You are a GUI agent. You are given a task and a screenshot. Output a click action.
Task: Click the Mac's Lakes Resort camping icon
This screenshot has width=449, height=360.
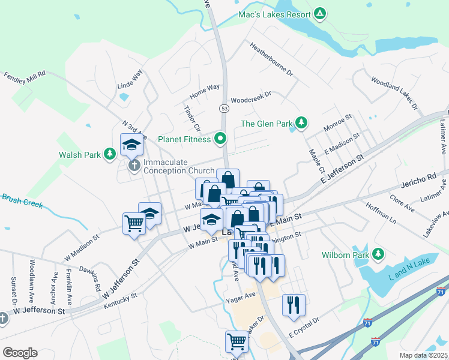click(x=321, y=14)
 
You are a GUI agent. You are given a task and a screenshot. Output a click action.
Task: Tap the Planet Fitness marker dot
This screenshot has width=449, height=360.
click(x=220, y=139)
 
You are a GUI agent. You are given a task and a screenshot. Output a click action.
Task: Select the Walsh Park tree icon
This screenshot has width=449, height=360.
click(x=109, y=154)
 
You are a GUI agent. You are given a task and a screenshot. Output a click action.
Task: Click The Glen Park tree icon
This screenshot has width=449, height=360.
click(x=301, y=124)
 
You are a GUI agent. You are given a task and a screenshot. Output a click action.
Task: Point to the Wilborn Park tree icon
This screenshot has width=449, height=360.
click(x=378, y=254)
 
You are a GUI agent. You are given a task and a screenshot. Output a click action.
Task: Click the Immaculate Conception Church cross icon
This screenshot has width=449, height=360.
click(x=134, y=164)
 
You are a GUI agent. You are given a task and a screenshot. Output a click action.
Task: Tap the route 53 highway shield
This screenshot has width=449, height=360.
click(x=224, y=108)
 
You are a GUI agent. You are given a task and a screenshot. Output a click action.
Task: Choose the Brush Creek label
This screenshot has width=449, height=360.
click(x=22, y=200)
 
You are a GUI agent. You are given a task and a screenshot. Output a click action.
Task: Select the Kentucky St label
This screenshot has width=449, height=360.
click(x=121, y=301)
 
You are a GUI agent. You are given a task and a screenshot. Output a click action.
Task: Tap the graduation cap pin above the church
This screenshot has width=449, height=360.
click(x=131, y=144)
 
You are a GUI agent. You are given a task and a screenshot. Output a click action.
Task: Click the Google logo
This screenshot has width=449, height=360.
click(x=20, y=353)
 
